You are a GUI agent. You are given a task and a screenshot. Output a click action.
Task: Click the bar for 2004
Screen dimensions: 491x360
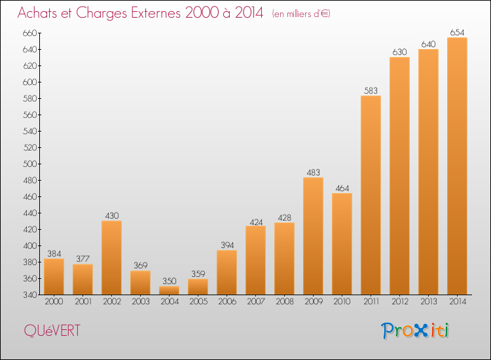169,290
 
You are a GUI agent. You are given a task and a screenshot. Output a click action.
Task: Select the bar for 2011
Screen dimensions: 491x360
371,195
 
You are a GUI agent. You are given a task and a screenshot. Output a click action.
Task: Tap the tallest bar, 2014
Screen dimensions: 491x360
457,166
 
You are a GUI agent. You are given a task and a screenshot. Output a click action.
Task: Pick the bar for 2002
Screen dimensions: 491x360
111,258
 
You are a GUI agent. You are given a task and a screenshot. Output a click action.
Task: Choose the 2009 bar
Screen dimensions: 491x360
313,236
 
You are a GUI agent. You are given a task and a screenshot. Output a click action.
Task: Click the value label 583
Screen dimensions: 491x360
371,90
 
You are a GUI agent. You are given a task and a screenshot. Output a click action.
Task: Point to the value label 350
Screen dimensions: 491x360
170,281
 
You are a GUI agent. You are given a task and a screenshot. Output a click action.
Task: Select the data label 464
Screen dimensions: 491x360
342,188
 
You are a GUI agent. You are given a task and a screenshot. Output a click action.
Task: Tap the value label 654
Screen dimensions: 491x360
457,32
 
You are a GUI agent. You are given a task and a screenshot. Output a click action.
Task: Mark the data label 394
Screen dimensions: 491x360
227,245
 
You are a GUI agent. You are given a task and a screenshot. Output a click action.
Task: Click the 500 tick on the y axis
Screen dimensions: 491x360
29,164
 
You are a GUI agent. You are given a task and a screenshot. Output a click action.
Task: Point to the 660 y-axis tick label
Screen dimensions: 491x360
29,33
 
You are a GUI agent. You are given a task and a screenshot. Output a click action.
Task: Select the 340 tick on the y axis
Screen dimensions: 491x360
29,295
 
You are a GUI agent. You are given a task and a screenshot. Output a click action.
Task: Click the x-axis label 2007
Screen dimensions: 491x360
256,302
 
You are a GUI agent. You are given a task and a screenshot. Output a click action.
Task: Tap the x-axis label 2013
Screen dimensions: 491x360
428,302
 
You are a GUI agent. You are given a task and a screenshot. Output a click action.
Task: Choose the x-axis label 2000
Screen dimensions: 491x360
54,302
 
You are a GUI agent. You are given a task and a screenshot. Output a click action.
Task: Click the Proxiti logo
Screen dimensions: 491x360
415,331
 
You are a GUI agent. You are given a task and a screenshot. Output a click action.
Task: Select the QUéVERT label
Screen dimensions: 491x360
52,331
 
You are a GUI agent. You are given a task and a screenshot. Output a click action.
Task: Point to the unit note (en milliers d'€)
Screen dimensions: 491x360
301,14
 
